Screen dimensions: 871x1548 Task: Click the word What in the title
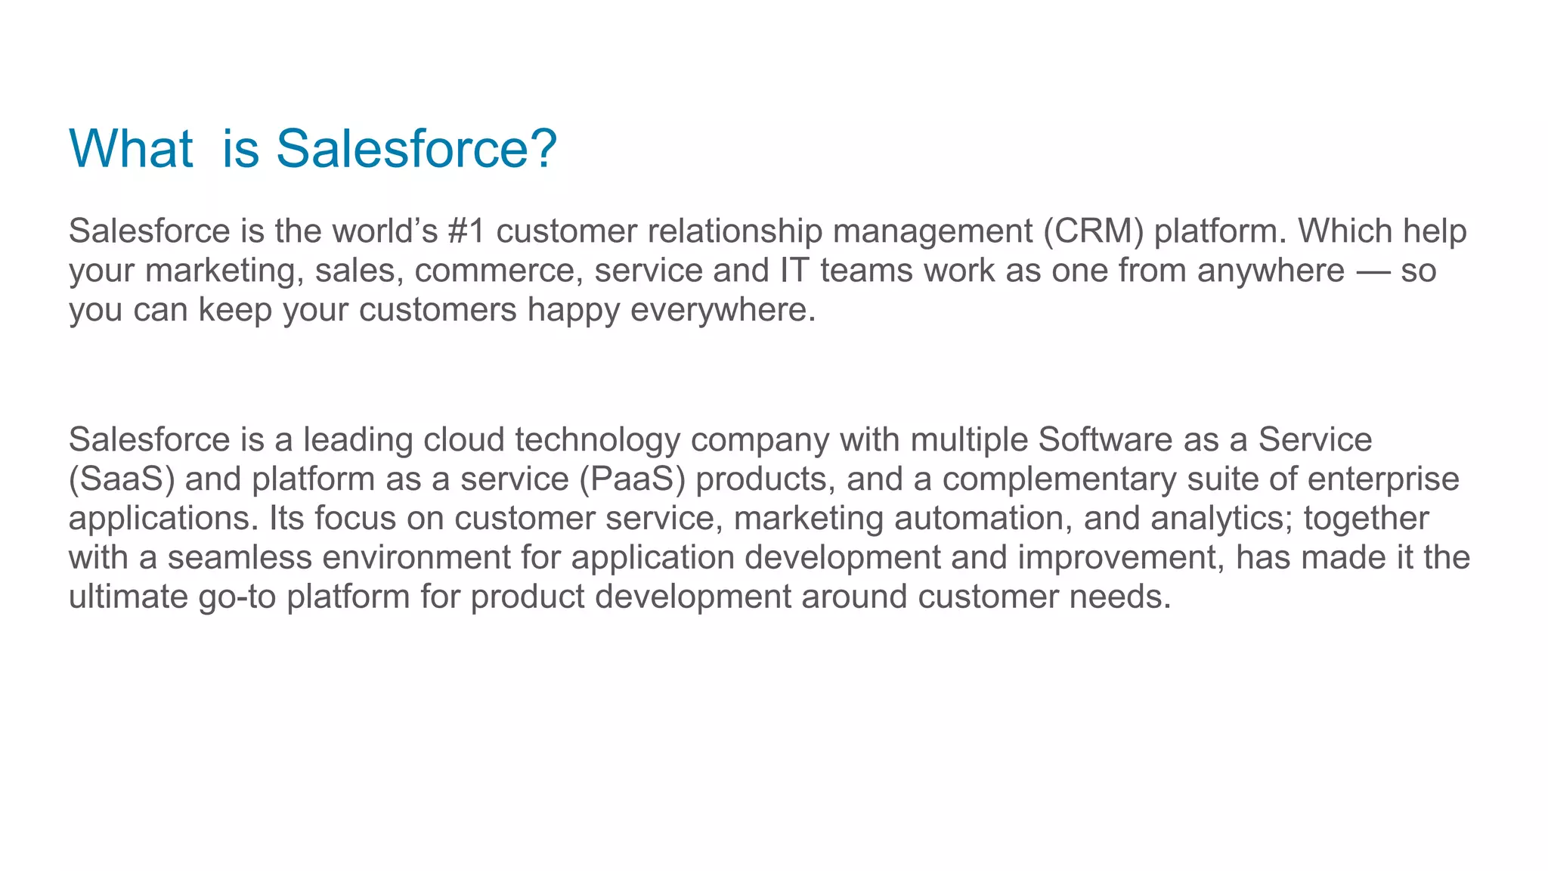[131, 148]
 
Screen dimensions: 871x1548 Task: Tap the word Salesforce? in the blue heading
[416, 148]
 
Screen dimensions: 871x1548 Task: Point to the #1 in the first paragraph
[466, 231]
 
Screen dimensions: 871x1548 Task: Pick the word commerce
[499, 271]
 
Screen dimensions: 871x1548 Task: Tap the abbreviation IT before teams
[794, 271]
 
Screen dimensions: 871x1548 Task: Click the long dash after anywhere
[1373, 271]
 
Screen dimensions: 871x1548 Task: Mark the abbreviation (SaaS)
[121, 479]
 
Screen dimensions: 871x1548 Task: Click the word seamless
[240, 558]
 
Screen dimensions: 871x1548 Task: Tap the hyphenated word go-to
[237, 597]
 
